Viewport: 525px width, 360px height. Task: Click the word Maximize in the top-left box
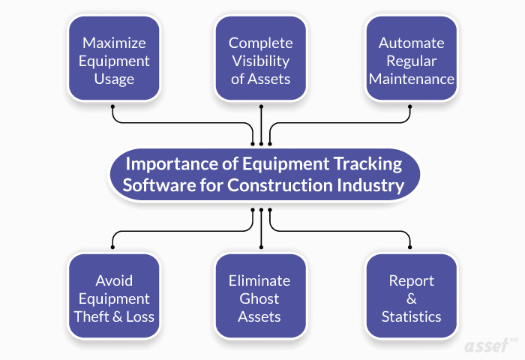coord(113,43)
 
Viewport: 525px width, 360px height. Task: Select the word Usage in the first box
coord(113,79)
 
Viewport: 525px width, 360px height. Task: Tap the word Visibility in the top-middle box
coord(260,61)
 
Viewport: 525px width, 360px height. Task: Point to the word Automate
coord(410,43)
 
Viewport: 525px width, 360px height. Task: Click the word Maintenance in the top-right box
coord(410,79)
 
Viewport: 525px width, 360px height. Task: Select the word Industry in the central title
coord(372,185)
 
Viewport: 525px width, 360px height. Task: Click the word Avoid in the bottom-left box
coord(113,280)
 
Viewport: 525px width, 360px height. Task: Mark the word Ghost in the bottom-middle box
coord(259,298)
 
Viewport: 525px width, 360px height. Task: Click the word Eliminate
coord(259,280)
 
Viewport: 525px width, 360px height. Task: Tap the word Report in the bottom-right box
coord(411,280)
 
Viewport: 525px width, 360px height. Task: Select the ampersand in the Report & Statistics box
coord(411,298)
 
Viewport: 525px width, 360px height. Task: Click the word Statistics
coord(411,316)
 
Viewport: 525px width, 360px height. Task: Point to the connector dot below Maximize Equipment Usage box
coord(112,107)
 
